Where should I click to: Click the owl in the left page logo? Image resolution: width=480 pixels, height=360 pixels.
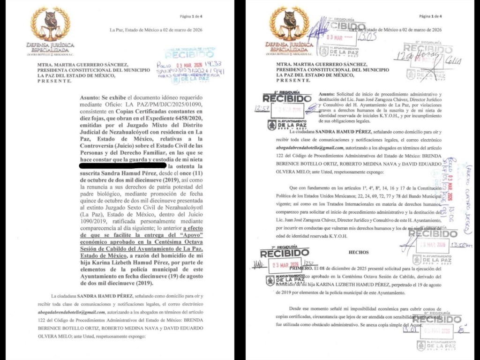coord(50,21)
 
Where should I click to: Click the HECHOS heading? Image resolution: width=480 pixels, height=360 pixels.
coord(359,252)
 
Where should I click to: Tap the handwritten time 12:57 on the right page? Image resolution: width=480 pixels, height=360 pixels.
coord(259,108)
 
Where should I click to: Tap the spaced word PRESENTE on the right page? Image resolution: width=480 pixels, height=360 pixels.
coord(293,81)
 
